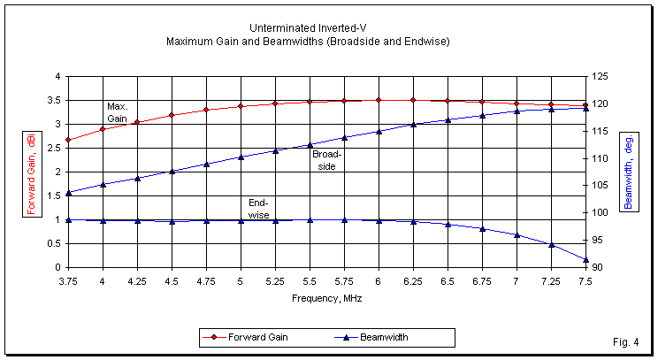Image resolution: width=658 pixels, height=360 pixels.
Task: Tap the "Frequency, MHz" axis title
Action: coord(327,298)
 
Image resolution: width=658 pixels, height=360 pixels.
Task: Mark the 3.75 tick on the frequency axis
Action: coord(69,280)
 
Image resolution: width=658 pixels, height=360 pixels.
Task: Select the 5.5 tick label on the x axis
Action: coord(310,280)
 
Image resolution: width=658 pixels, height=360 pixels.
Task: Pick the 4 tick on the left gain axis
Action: coord(57,77)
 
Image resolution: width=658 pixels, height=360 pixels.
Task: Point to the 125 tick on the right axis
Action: coord(602,77)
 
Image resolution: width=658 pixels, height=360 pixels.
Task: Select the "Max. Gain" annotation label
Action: coord(118,112)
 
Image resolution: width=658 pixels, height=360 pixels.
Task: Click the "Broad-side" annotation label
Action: coord(326,159)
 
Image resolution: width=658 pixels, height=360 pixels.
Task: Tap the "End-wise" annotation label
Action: coord(258,209)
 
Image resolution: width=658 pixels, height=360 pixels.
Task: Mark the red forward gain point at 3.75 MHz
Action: coord(69,140)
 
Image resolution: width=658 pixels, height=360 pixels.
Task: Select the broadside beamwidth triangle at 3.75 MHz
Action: coord(69,193)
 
